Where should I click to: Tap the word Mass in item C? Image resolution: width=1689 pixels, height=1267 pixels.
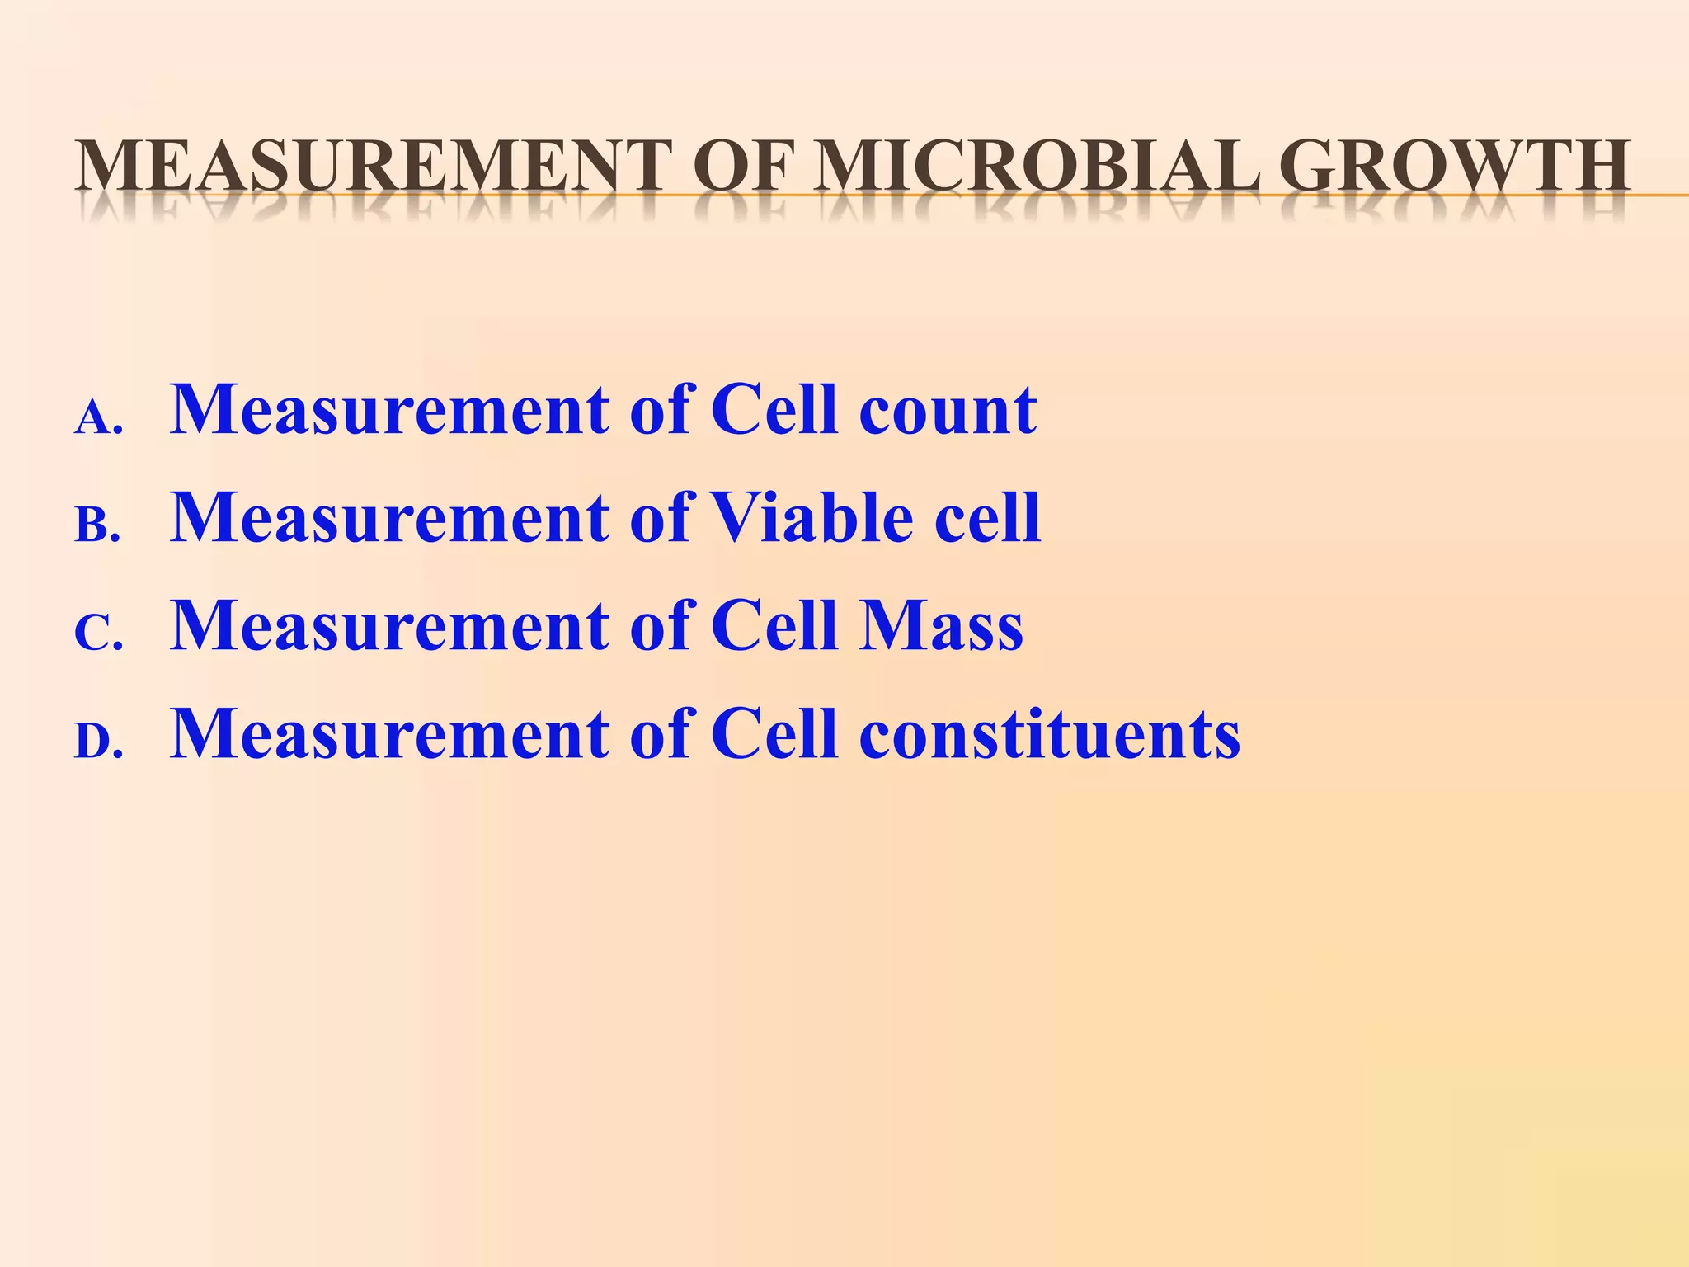[941, 626]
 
